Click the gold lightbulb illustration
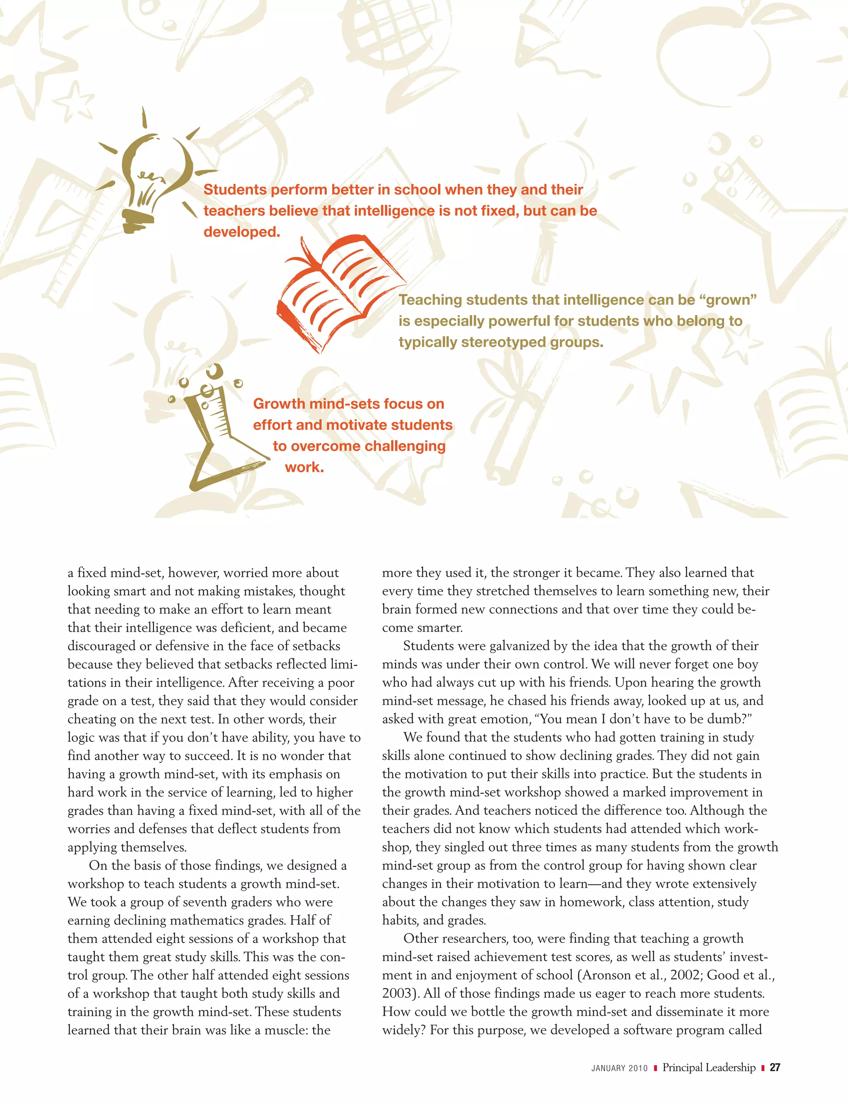point(151,177)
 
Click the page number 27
point(775,1067)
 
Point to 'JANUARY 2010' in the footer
point(619,1068)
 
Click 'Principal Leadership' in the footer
point(709,1067)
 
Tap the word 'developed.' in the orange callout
point(241,232)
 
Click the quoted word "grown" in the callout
point(728,300)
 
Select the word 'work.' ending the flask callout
point(304,467)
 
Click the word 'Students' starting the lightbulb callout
point(235,190)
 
